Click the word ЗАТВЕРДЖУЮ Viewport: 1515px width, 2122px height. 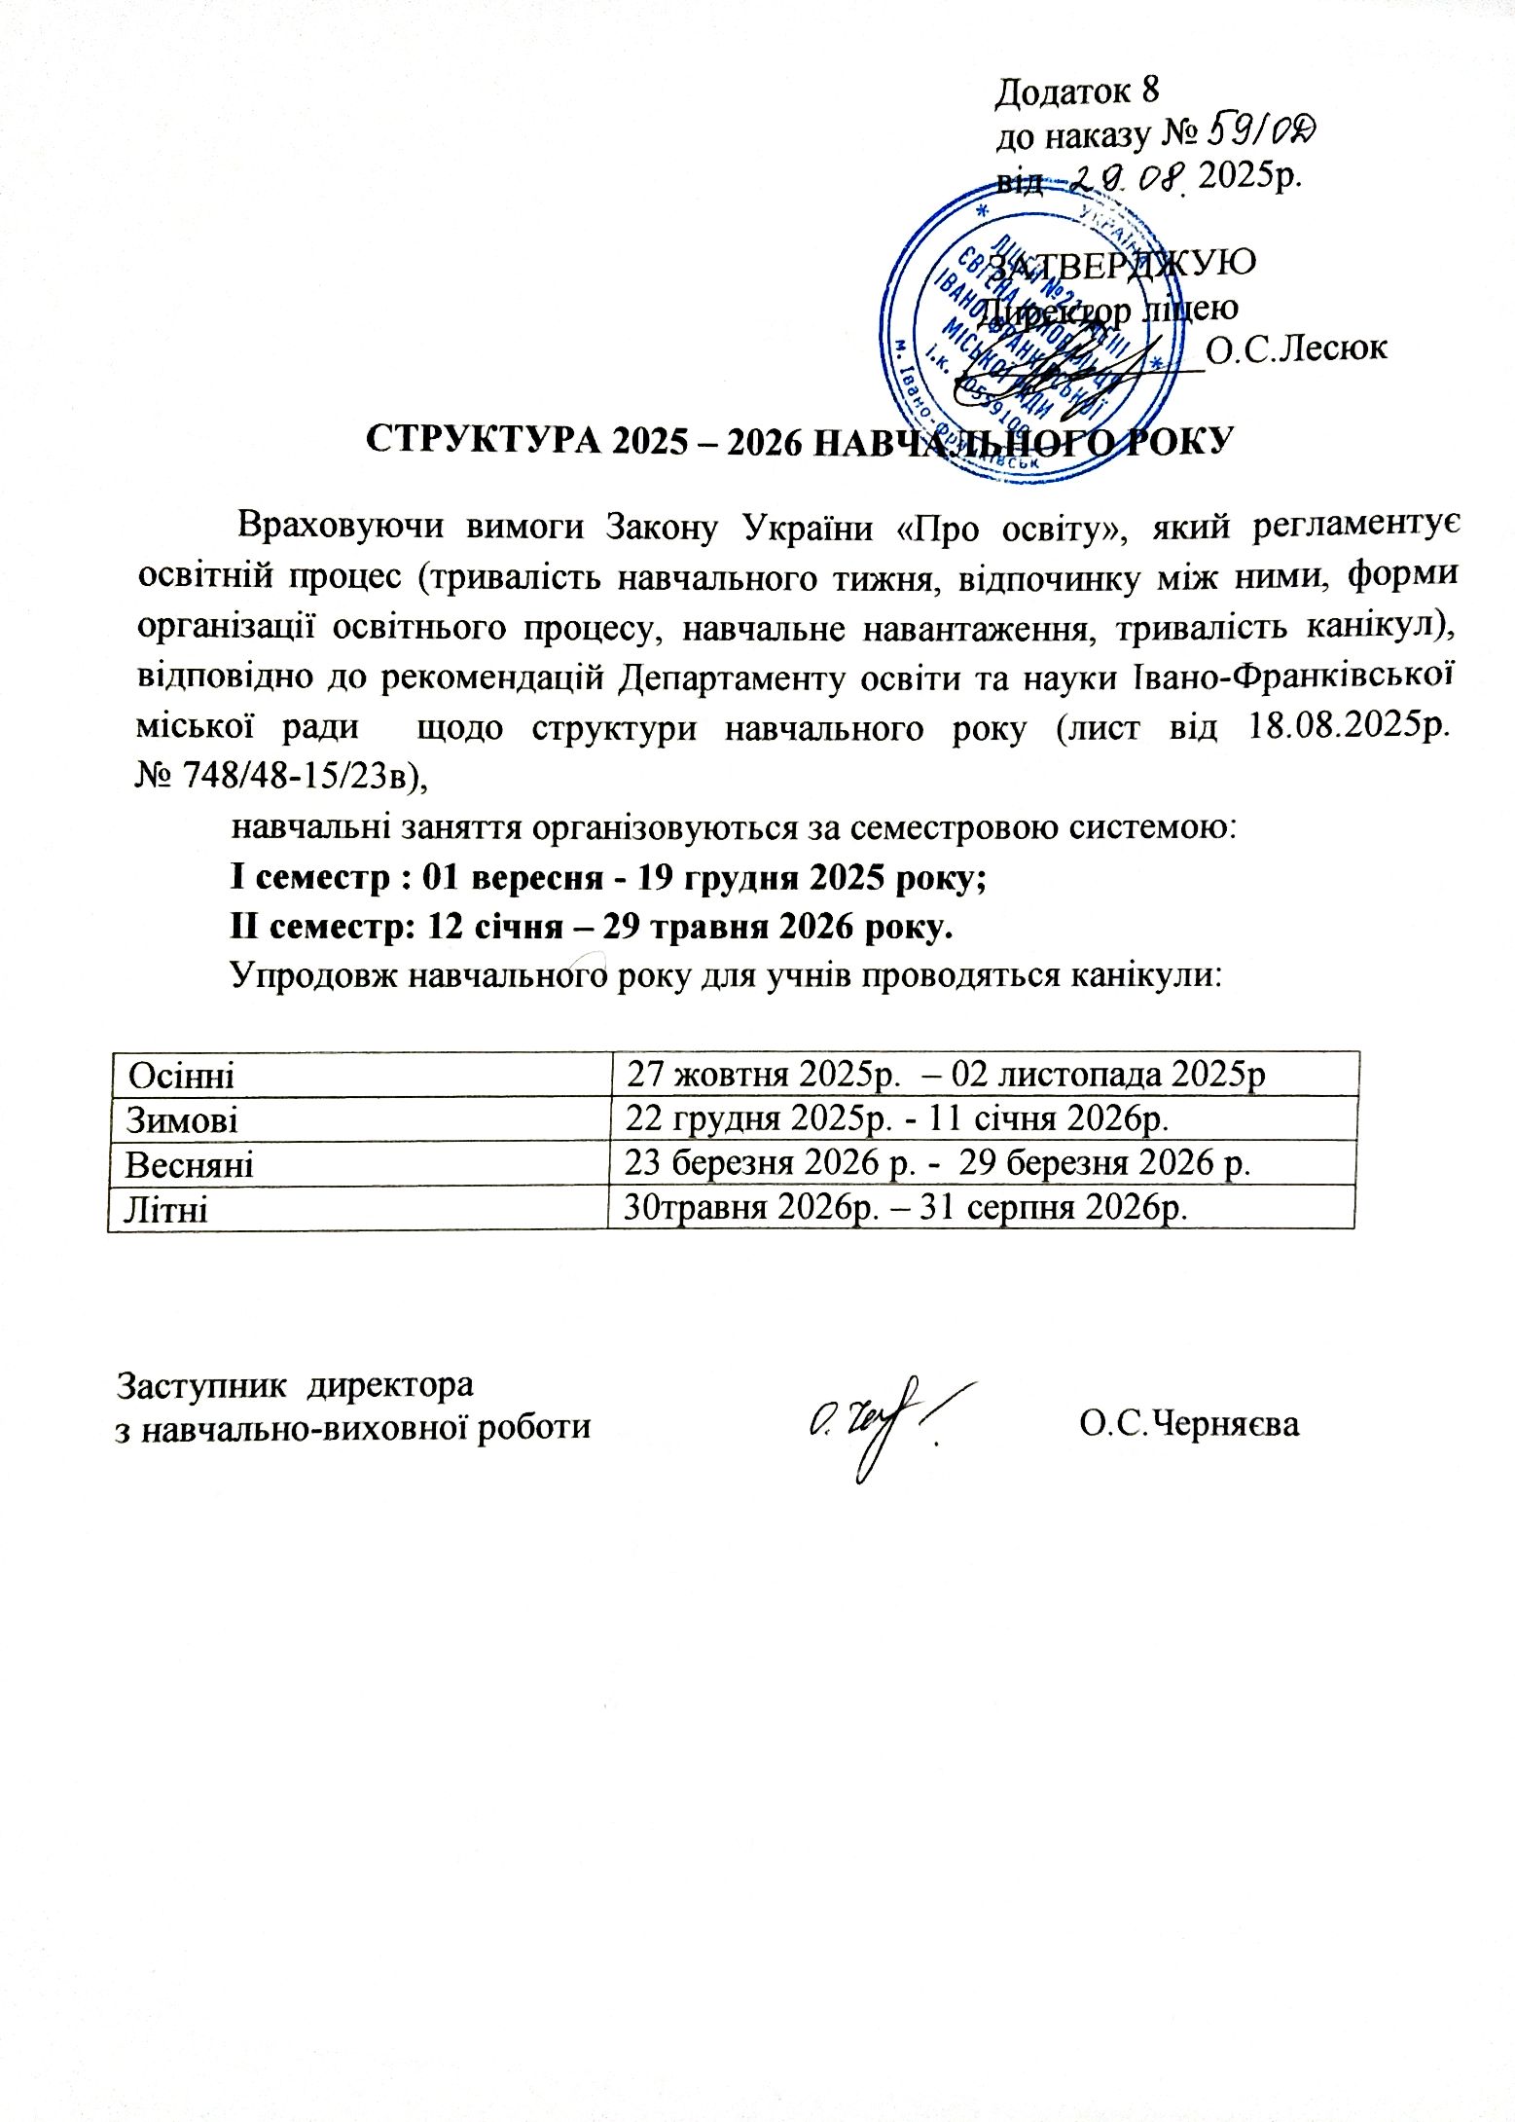pos(1121,263)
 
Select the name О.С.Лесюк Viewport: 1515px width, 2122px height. pos(1295,348)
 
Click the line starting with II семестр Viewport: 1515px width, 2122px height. pos(591,926)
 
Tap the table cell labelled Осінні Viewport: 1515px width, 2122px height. pos(181,1076)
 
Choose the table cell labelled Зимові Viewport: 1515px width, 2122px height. pos(182,1120)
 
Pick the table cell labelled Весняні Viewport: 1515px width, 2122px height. pos(190,1164)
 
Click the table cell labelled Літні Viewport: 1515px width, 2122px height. pos(166,1209)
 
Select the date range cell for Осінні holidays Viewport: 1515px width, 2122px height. pos(945,1074)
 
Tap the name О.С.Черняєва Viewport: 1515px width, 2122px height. pos(1189,1424)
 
